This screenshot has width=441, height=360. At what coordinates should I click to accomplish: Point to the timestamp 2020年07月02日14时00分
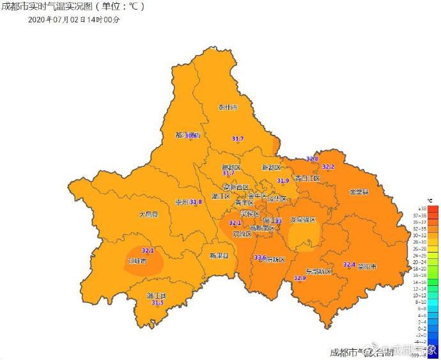tap(73, 20)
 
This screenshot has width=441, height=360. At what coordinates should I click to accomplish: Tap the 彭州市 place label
tap(228, 107)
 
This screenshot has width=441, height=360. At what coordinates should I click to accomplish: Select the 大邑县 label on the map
tap(148, 215)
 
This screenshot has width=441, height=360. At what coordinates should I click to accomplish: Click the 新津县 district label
tap(219, 255)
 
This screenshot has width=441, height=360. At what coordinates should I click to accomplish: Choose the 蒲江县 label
tap(156, 295)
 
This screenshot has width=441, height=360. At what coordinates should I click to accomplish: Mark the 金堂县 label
tap(359, 191)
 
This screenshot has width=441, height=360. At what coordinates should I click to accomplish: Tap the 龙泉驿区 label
tap(303, 219)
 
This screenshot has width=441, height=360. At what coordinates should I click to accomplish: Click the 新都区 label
tap(271, 168)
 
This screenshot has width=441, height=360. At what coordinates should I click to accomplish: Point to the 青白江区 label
tap(307, 178)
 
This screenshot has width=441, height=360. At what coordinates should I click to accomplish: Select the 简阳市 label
tap(367, 267)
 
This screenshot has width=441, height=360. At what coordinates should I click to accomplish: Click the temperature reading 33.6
tap(260, 257)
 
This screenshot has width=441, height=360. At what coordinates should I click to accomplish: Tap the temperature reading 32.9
tap(300, 278)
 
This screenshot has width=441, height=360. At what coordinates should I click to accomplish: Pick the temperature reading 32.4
tap(349, 264)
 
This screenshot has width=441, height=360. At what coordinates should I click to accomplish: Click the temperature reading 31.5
tap(157, 302)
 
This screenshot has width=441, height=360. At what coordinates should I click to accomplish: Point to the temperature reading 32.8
tap(312, 159)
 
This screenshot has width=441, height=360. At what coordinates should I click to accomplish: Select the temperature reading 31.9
tap(282, 181)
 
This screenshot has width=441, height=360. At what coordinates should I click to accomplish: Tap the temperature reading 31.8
tap(196, 202)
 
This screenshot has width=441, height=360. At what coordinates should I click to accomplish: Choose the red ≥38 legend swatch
tap(433, 208)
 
